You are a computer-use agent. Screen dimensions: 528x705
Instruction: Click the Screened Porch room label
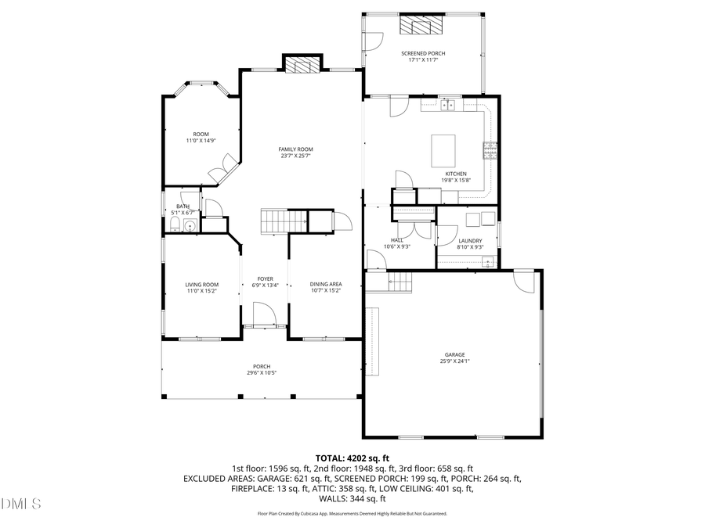click(423, 53)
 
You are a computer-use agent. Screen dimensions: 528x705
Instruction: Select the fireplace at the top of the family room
click(302, 64)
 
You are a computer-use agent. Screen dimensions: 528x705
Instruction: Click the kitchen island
click(444, 150)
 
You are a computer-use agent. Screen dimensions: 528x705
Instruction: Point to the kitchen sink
click(449, 104)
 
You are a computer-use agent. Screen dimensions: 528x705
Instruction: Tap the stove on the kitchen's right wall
click(490, 149)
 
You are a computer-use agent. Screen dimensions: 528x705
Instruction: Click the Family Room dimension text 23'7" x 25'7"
click(296, 156)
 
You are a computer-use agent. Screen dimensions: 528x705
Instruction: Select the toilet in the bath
click(175, 226)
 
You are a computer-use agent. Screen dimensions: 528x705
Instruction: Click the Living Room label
click(201, 285)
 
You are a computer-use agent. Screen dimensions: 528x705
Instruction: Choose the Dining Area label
click(325, 285)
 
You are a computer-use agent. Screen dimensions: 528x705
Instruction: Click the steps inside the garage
click(400, 282)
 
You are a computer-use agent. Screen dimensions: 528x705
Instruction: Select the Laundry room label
click(470, 241)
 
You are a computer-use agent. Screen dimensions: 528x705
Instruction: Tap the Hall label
click(397, 240)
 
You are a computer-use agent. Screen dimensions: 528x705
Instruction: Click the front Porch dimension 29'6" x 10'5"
click(262, 372)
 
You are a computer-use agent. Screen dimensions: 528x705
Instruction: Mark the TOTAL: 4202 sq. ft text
click(352, 458)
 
